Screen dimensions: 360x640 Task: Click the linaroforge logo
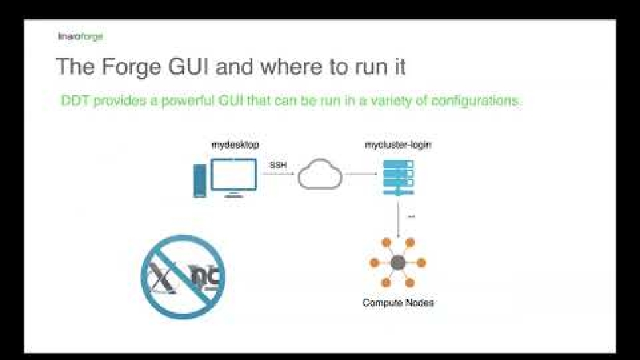pos(80,36)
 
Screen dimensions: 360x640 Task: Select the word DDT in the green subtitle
pos(74,101)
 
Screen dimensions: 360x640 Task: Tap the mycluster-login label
pos(398,145)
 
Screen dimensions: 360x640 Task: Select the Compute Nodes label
pos(398,303)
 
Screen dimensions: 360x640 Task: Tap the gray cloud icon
pos(320,174)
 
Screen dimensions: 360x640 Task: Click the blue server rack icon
pos(398,176)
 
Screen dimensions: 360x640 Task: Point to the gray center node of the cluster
pos(398,263)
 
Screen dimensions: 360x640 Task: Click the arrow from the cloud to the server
pos(362,175)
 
